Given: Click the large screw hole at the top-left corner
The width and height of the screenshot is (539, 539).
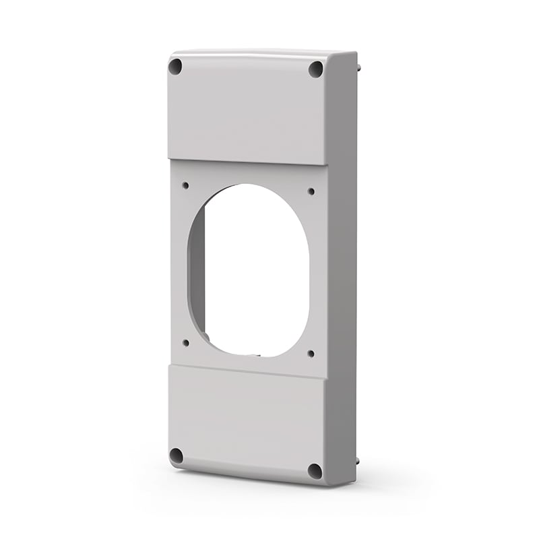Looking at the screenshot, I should coord(175,67).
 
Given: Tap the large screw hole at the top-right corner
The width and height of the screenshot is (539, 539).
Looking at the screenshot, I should coord(315,69).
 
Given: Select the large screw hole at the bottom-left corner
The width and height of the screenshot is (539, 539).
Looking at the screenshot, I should coord(177,455).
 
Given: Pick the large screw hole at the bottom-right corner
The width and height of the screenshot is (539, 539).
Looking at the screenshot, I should coord(314,470).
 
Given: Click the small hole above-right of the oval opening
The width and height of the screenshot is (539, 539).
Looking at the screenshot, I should coord(311,191).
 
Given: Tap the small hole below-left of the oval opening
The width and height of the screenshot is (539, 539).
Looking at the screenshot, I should coord(186,342).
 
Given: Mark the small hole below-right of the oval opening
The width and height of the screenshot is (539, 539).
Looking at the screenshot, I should coord(311,352).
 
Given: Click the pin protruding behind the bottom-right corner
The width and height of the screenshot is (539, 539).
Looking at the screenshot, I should coord(357,463).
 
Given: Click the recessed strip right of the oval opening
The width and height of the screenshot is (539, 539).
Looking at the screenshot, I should coord(320,269).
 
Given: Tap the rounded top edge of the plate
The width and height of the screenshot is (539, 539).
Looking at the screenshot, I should coord(256,53).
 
